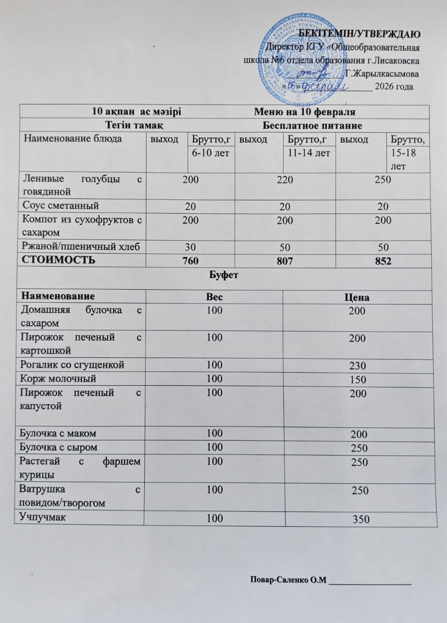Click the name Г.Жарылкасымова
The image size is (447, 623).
pos(381,74)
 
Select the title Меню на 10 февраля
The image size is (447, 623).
pos(305,112)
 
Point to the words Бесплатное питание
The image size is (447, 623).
pos(312,126)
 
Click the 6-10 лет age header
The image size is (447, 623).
pos(211,153)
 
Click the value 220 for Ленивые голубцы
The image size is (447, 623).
pos(285,180)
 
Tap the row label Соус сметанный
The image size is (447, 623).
pos(61,205)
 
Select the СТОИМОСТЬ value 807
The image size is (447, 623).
pos(285,261)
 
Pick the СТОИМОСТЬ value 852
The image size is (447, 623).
pos(383,261)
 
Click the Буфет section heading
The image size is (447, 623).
pos(224,275)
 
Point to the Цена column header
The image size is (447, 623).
pos(357,298)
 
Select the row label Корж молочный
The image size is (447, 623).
pos(58,379)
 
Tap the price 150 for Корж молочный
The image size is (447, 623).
pos(358,380)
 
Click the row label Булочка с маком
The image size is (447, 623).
pos(57,433)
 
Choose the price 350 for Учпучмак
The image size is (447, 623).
pos(361,519)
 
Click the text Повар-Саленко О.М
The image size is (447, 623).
pos(288,580)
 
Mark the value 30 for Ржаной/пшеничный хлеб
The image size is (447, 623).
pos(190,248)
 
